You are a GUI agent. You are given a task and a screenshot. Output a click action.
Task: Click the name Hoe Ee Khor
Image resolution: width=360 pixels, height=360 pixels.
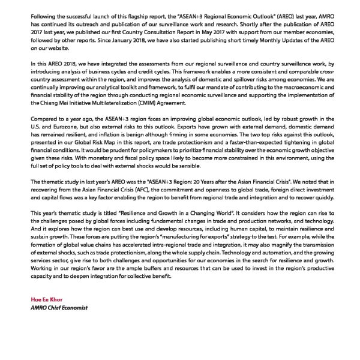coord(46,299)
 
